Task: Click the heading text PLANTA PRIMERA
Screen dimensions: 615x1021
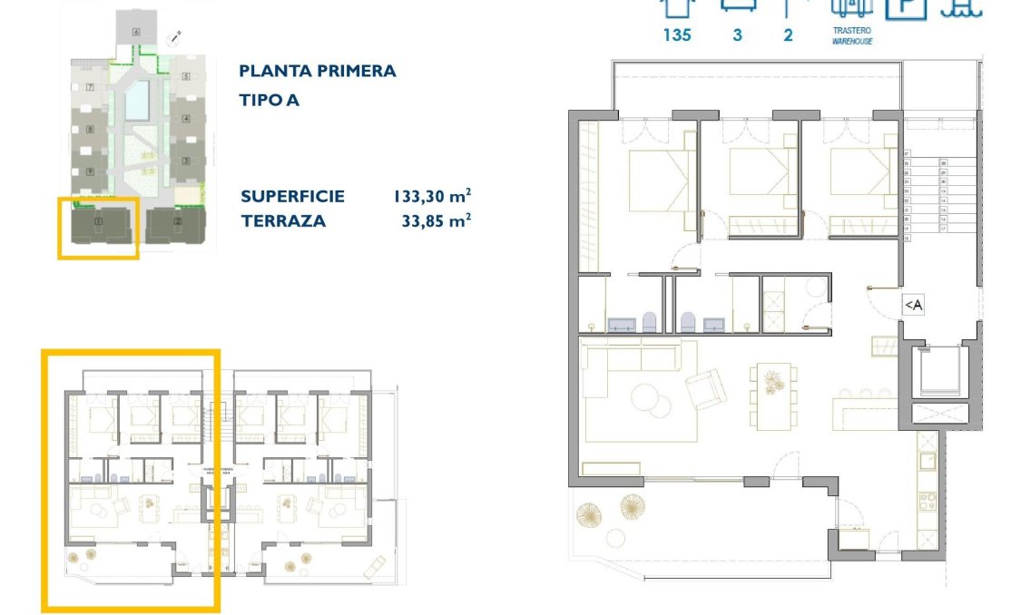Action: pos(317,71)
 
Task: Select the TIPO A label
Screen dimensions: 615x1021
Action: pos(269,100)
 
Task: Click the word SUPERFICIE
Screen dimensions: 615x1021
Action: pos(292,195)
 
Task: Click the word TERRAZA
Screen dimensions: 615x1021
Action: pos(282,220)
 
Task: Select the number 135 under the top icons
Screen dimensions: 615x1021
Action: pos(676,35)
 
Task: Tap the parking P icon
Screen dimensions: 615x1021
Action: pos(905,7)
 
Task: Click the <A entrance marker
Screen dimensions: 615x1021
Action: pos(913,306)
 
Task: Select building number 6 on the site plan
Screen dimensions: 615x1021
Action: pos(136,32)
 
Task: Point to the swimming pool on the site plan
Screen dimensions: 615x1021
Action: pos(137,100)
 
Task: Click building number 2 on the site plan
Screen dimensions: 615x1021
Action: pos(178,221)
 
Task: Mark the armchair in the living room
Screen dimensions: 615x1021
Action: pos(705,390)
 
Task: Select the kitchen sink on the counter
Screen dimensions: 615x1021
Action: pos(927,461)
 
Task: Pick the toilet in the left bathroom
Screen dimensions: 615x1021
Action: pos(649,321)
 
